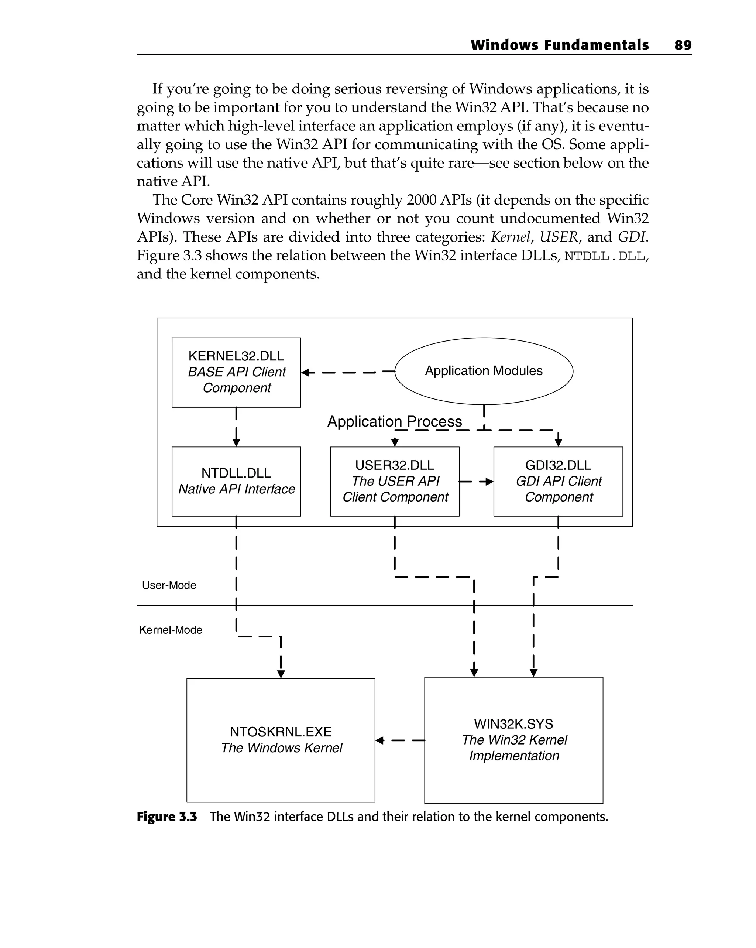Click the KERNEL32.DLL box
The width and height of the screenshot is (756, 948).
(x=236, y=372)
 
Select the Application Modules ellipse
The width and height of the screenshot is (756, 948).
(x=484, y=371)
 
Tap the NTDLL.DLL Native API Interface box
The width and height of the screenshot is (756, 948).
(x=236, y=481)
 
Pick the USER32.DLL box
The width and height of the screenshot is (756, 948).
(x=395, y=481)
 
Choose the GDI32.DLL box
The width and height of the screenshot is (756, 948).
(x=558, y=481)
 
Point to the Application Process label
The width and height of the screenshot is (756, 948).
(x=394, y=421)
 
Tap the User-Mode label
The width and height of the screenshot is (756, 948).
(x=169, y=585)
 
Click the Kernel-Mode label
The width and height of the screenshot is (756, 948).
(x=171, y=630)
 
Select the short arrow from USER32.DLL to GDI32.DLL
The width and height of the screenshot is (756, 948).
(x=477, y=482)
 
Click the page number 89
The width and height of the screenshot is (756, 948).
(x=683, y=45)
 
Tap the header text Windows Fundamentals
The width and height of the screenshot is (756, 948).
(x=559, y=45)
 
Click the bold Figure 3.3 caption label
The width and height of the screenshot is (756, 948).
(x=166, y=817)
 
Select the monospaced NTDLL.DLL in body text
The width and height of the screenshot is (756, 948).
(x=605, y=256)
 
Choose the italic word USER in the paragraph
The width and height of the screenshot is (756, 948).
(x=558, y=237)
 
